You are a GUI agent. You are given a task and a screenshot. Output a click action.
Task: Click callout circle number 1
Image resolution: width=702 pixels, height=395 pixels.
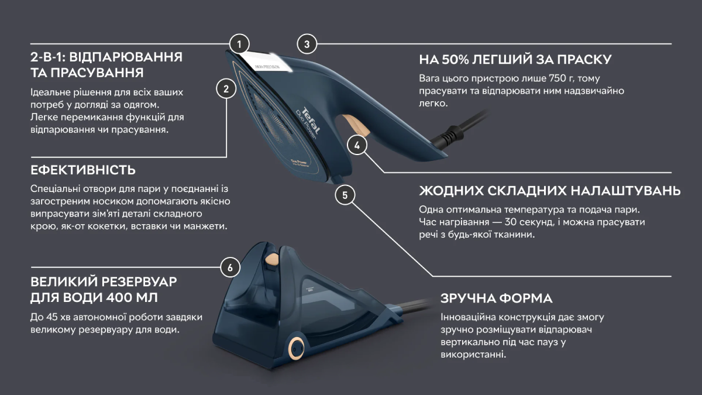coord(239,44)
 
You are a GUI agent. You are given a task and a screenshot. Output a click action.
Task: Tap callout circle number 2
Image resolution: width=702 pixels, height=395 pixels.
coord(226,89)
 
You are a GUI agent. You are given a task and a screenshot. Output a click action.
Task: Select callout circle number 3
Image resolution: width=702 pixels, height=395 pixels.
coord(307,44)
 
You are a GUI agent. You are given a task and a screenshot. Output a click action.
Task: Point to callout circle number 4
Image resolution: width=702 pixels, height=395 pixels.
coord(357,146)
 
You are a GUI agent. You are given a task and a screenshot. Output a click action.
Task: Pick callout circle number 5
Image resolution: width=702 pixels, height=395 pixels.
coord(345,195)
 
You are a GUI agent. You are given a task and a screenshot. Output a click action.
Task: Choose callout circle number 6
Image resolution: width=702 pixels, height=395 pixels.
coord(230,268)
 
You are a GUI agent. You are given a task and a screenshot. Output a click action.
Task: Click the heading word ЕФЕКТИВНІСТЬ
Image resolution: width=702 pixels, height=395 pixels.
coord(83,170)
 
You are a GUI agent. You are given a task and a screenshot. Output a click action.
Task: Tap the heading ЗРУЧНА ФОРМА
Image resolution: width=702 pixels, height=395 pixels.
coord(497,298)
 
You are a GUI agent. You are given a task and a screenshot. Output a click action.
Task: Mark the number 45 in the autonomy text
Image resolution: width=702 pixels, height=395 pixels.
coord(52,317)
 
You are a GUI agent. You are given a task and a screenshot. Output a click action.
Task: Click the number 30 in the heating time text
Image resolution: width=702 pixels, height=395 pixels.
coord(511,222)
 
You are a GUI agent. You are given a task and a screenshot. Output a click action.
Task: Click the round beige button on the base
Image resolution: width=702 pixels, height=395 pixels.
coord(295,348)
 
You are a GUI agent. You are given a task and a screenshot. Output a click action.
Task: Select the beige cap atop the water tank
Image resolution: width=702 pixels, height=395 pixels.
coord(271,258)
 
